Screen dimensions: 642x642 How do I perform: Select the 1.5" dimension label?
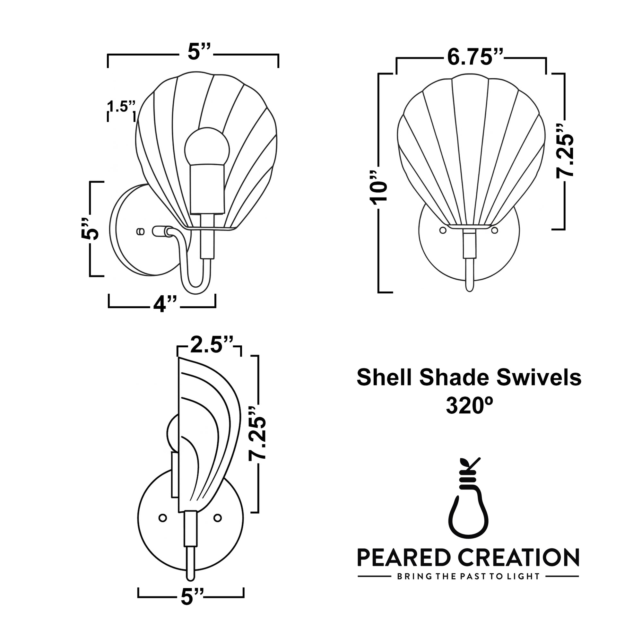[x=121, y=107]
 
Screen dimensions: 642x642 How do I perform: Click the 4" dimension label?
[x=164, y=305]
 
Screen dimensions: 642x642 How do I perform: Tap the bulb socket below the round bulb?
[x=207, y=189]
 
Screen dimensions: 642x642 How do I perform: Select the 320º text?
[x=469, y=406]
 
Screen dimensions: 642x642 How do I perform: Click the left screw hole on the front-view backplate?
[x=442, y=230]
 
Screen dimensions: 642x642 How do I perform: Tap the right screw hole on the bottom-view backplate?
[x=218, y=518]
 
